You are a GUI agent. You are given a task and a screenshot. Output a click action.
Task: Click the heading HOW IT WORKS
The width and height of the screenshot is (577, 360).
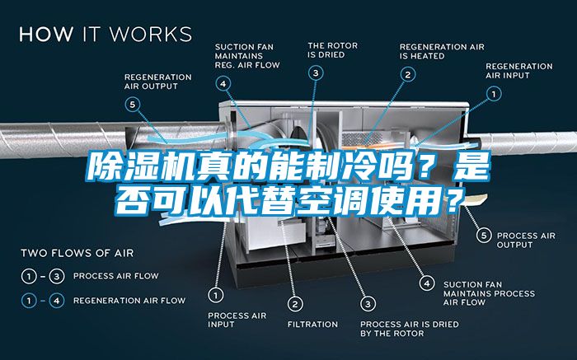click(x=105, y=35)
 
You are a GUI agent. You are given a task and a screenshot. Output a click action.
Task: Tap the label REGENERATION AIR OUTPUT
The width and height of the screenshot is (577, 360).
click(x=157, y=81)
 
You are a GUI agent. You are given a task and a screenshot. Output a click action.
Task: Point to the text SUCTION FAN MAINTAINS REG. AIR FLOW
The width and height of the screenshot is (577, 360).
click(x=246, y=55)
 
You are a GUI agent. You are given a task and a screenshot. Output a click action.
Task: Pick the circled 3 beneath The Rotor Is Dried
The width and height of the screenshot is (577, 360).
click(x=316, y=73)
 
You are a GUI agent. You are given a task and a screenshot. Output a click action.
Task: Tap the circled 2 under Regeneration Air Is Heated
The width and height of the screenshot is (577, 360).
click(x=407, y=74)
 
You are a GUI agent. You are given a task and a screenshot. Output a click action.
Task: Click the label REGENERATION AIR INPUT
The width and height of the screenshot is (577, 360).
click(x=518, y=70)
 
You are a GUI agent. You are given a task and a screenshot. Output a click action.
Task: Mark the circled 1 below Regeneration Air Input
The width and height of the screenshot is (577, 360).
click(x=495, y=95)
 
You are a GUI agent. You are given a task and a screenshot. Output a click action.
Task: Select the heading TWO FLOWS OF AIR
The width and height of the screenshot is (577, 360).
click(x=77, y=252)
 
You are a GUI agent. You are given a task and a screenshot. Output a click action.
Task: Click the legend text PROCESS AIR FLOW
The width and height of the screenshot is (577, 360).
click(x=116, y=275)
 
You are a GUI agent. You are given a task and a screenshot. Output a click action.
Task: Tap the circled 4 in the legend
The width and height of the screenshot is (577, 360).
click(x=55, y=301)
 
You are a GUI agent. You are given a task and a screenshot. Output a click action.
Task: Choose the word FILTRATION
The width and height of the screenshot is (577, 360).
click(x=312, y=324)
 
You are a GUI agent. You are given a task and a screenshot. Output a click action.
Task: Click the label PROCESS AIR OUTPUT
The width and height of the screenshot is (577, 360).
click(x=528, y=240)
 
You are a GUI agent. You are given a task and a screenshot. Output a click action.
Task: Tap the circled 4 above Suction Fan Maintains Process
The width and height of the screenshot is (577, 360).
click(x=426, y=283)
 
